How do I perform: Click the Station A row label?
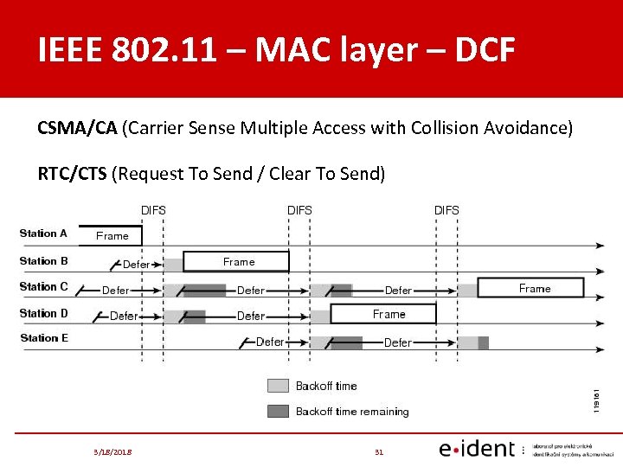pos(43,233)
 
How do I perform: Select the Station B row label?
pos(43,260)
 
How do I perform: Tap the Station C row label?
pos(43,286)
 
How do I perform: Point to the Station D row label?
pos(43,313)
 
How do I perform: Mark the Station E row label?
pos(43,338)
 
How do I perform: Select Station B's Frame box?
pos(239,261)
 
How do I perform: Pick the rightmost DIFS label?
pos(446,210)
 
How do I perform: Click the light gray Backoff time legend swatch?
pos(278,386)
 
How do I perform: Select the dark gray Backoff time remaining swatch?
pos(278,412)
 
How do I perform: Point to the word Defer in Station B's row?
pos(137,264)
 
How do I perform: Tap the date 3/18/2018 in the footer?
pos(112,451)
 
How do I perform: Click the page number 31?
pos(378,451)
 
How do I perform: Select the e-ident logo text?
pos(476,449)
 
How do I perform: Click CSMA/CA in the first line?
pos(77,128)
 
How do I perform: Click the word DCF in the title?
pos(476,50)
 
